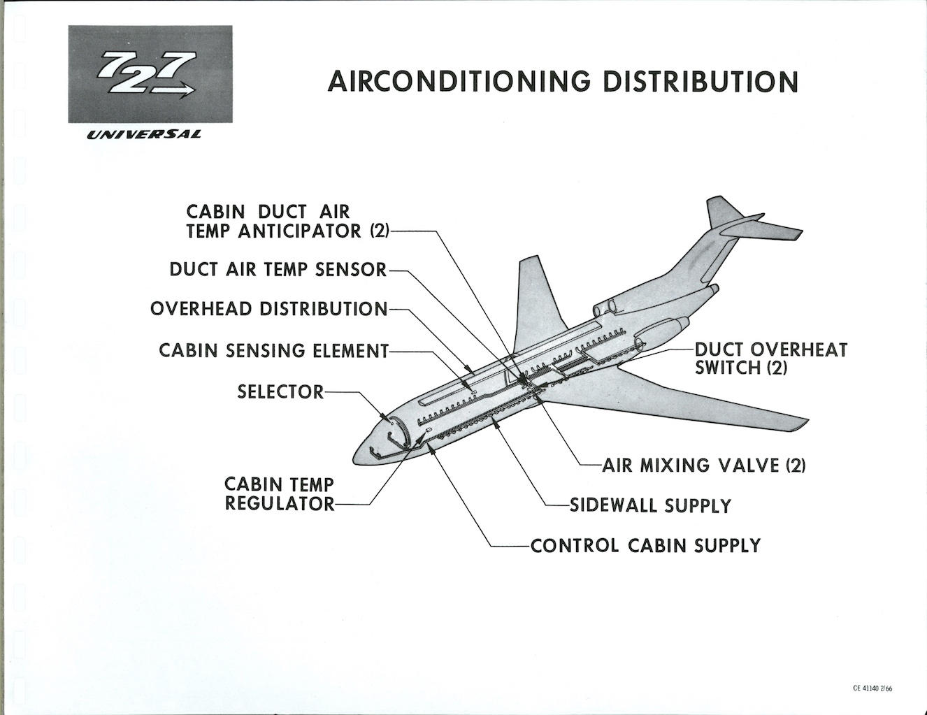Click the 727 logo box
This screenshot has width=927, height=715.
tap(150, 74)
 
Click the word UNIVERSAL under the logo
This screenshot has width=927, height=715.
tap(144, 135)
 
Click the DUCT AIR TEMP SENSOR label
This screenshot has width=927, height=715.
tap(278, 270)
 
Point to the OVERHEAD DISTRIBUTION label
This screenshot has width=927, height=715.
tap(268, 309)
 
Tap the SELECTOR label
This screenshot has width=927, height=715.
tap(280, 392)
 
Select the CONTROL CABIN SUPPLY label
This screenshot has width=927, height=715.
tap(645, 545)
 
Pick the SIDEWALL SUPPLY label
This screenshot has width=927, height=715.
tap(651, 505)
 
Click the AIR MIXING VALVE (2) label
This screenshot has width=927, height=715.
tap(704, 465)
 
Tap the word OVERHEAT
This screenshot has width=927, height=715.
tap(799, 349)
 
